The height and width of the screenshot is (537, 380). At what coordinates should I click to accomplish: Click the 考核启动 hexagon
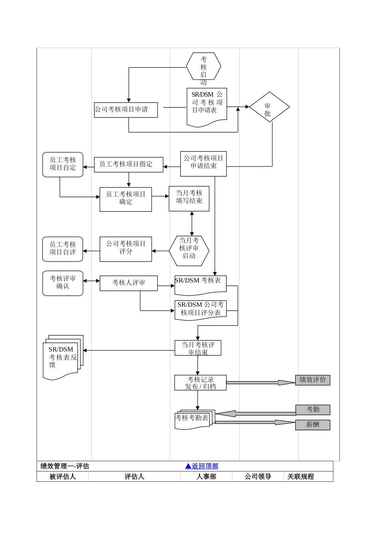(x=203, y=66)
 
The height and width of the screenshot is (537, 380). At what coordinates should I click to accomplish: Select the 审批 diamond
(x=269, y=107)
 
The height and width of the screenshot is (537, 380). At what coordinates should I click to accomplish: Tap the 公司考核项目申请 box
(x=126, y=110)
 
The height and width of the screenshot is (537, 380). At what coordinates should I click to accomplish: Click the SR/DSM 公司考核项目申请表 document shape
(x=207, y=105)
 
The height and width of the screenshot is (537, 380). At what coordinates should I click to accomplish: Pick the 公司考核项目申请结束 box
(x=203, y=164)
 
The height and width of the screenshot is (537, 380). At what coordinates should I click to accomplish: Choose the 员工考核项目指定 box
(x=128, y=165)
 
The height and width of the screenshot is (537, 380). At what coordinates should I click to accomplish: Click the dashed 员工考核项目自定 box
(x=63, y=164)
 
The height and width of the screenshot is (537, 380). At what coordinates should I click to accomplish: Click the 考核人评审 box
(x=128, y=283)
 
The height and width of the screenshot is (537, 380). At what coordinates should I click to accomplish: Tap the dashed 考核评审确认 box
(x=63, y=283)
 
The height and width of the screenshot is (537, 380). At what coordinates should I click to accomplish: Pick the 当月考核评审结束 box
(x=198, y=348)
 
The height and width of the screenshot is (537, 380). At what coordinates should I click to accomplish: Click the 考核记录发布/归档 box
(x=200, y=382)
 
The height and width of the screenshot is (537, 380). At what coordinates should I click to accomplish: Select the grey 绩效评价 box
(x=312, y=380)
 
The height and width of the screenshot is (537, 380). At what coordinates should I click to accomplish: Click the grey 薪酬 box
(x=312, y=425)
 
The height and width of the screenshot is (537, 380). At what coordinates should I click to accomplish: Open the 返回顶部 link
(x=202, y=466)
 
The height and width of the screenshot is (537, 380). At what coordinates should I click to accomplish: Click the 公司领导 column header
(x=258, y=476)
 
